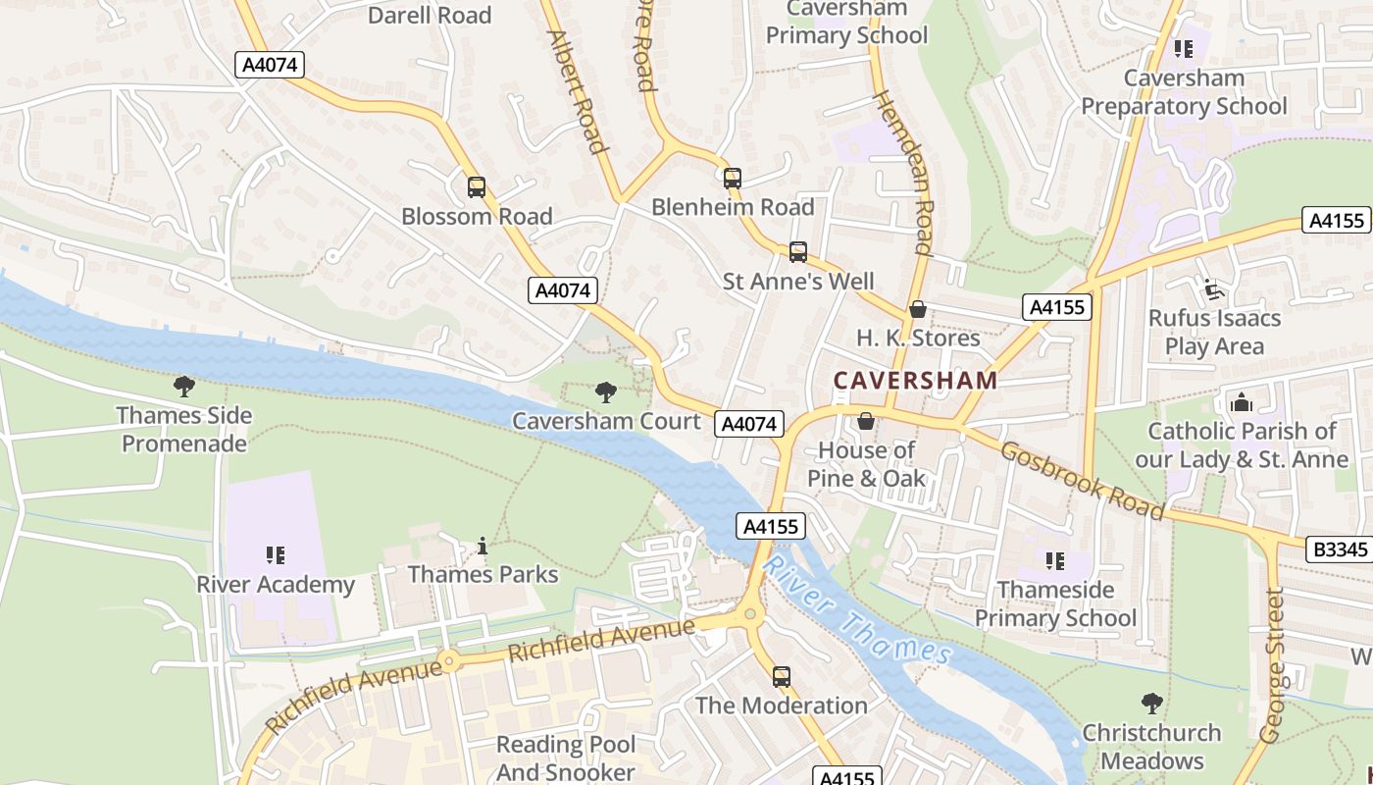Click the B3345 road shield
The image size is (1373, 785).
[x=1339, y=549]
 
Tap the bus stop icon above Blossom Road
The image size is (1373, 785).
[x=477, y=186]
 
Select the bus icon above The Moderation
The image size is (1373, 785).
[x=781, y=676]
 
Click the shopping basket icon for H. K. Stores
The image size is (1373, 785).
[x=918, y=309]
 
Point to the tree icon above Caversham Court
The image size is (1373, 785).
[x=606, y=392]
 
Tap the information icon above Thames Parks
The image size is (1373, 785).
[x=482, y=546]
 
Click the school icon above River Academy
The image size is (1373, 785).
[x=276, y=555]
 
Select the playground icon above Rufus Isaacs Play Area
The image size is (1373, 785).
[x=1214, y=289]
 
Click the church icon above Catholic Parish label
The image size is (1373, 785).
[x=1241, y=402]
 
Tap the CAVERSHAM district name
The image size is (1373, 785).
[x=915, y=380]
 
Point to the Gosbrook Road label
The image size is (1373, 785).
[x=1083, y=480]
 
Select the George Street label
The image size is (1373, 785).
[x=1272, y=664]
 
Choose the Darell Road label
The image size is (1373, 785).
[x=430, y=15]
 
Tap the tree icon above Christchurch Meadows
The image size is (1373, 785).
[x=1152, y=704]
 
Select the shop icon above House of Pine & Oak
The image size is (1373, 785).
[x=866, y=422]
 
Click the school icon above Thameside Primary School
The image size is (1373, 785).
[x=1055, y=561]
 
